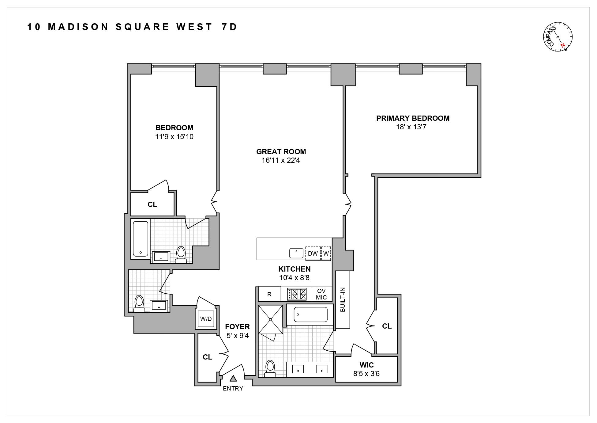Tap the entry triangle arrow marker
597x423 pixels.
[233, 379]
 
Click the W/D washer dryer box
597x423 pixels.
[206, 319]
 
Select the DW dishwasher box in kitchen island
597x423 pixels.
[313, 253]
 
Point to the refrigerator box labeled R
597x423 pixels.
[269, 294]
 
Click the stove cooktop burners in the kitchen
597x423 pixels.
[297, 294]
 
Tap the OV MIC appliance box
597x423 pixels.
[321, 294]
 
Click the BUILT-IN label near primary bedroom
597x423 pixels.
[343, 299]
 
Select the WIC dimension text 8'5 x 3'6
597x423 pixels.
[366, 374]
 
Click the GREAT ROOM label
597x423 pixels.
[281, 152]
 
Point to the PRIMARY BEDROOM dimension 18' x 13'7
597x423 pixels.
[411, 127]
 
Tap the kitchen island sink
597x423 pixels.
[296, 253]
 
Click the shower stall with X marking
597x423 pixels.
[271, 319]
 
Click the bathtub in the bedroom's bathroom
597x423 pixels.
[141, 238]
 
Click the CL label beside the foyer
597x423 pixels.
[207, 357]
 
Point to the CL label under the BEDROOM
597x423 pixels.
[152, 204]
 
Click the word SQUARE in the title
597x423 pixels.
[142, 27]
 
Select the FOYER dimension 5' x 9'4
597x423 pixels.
[238, 336]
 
